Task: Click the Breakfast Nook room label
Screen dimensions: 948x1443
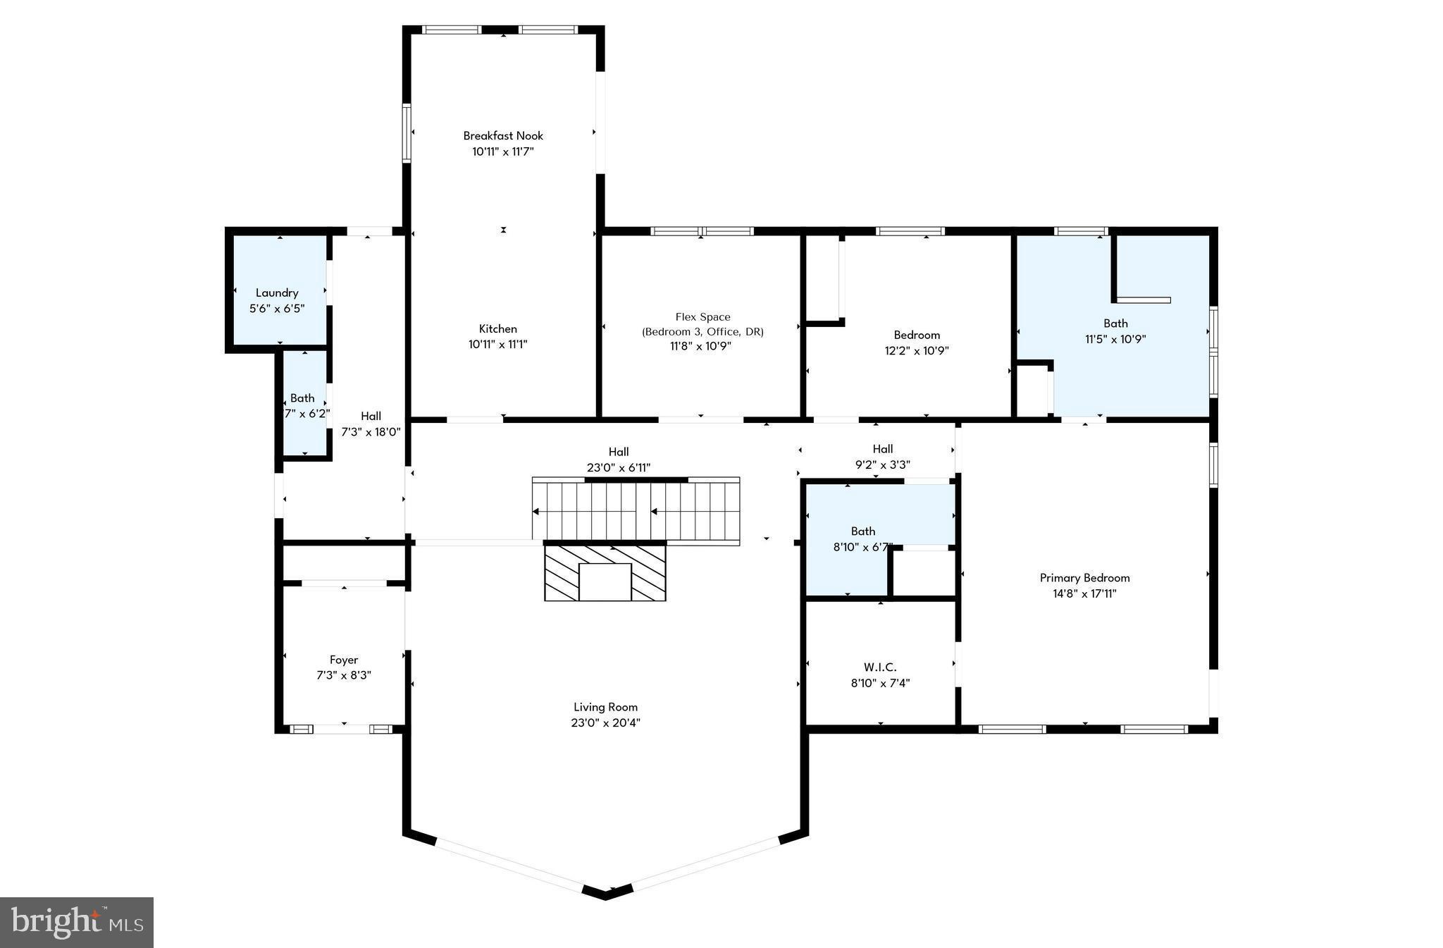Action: [x=503, y=135]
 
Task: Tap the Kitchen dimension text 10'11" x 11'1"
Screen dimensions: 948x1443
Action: [x=497, y=345]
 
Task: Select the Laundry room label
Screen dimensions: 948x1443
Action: [x=277, y=293]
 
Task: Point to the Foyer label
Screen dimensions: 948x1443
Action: [x=344, y=660]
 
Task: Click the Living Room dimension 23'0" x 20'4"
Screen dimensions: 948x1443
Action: [x=605, y=722]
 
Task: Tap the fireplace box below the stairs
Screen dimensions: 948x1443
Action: [x=605, y=582]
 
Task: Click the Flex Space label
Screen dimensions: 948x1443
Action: [x=702, y=317]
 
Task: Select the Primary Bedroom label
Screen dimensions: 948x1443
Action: [x=1084, y=578]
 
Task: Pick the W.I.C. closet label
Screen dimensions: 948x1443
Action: [x=880, y=667]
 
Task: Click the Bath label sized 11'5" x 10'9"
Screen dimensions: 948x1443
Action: [x=1115, y=324]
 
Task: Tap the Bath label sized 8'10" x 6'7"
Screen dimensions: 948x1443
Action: [x=863, y=531]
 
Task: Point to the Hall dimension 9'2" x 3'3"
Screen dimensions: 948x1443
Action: [x=882, y=465]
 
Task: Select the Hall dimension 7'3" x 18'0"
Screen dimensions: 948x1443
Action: [x=371, y=432]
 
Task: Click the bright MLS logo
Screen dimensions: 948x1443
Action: [x=77, y=923]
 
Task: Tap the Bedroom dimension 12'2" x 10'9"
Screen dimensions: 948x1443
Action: [x=917, y=351]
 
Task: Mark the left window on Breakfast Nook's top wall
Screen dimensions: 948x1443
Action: [x=451, y=30]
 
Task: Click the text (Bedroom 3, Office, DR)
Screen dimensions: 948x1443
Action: [x=702, y=332]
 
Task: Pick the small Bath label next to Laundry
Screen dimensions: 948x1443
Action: [x=302, y=398]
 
